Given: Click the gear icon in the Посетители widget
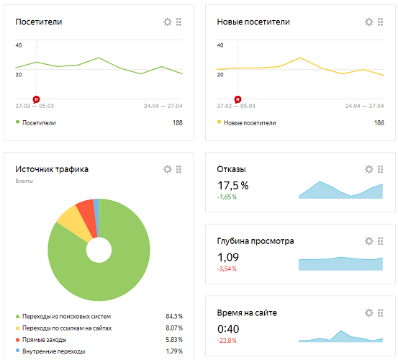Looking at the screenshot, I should tap(168, 22).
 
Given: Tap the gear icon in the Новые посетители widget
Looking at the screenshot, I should tap(369, 22).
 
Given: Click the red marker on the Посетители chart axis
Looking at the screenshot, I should tap(36, 98).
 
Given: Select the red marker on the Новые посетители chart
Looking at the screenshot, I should tap(238, 98).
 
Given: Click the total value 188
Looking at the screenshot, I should tap(177, 123).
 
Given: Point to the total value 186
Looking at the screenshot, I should tap(379, 123).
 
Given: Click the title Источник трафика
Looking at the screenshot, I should tap(53, 169).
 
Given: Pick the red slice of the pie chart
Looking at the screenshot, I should tap(86, 212).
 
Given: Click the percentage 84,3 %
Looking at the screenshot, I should tap(173, 316).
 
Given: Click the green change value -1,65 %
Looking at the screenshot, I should tap(227, 197).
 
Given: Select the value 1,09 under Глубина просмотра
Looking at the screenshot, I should tap(227, 256).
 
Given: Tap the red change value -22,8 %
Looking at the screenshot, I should tap(227, 341).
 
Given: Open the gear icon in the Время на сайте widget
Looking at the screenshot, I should tap(369, 312).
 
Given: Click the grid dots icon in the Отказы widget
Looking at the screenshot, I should tap(381, 169).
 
